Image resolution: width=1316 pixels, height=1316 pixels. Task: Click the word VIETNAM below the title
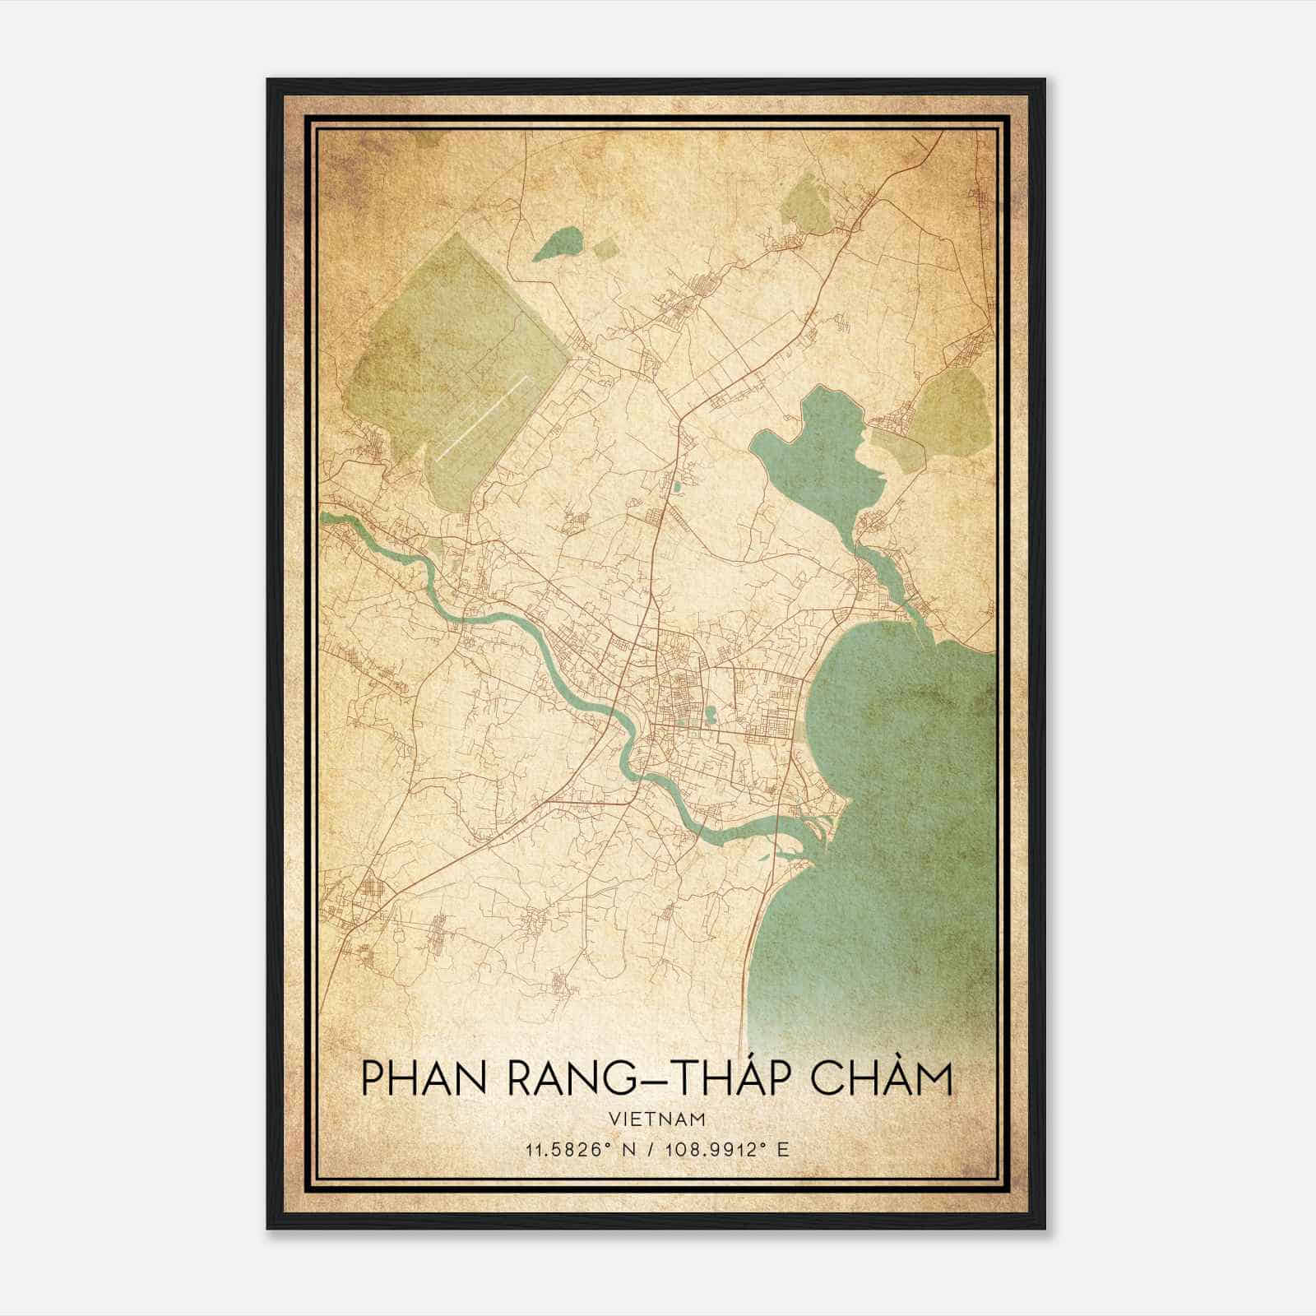657,1119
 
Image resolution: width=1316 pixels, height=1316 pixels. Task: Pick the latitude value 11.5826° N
573,1149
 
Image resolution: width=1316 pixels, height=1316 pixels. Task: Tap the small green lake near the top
559,245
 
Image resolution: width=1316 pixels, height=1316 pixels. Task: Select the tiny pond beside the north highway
676,487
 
